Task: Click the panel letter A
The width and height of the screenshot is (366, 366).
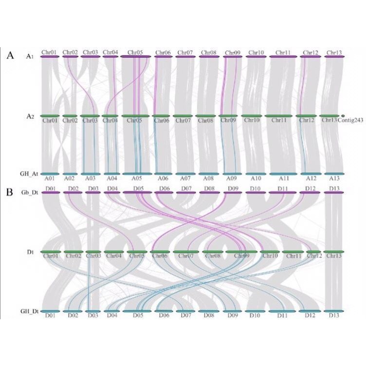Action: [10, 55]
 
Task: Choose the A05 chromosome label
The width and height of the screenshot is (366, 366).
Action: [135, 179]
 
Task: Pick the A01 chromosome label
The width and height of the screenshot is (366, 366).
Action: [49, 179]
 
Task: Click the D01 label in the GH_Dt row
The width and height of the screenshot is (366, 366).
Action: [50, 316]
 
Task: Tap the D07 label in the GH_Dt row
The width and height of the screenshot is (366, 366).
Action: [186, 316]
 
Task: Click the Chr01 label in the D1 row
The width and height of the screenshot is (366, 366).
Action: [49, 256]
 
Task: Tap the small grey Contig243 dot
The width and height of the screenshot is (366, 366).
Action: [343, 116]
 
